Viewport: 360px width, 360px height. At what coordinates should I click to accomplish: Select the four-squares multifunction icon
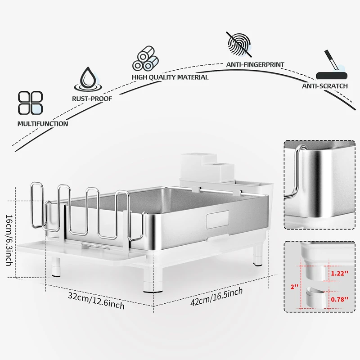pyautogui.click(x=30, y=103)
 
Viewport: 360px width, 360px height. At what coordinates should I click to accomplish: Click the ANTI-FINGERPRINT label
pyautogui.click(x=255, y=65)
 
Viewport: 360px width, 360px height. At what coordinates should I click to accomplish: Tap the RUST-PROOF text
pyautogui.click(x=92, y=98)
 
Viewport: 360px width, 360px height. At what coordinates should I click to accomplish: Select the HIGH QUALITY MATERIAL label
pyautogui.click(x=170, y=77)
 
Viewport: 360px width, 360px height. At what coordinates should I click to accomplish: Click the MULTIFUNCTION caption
pyautogui.click(x=43, y=123)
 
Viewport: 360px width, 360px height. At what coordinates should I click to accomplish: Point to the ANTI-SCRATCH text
pyautogui.click(x=324, y=86)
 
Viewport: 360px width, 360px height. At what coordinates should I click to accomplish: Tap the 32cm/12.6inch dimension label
pyautogui.click(x=96, y=300)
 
